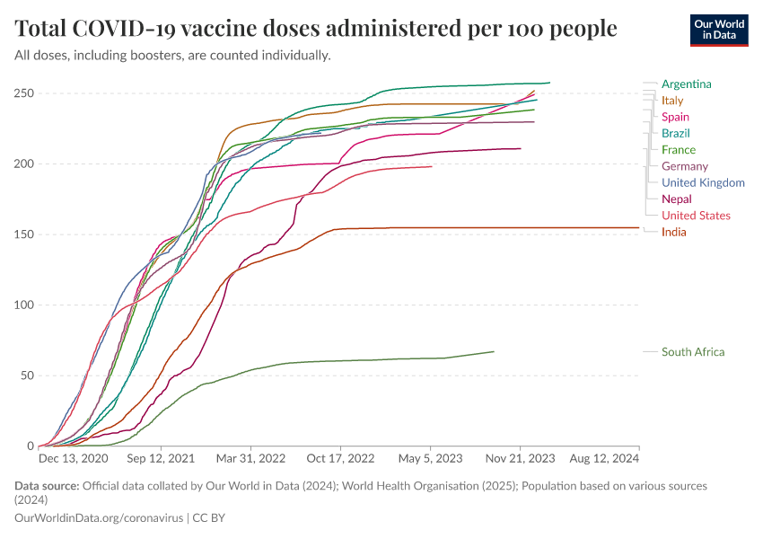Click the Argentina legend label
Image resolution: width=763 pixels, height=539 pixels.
686,84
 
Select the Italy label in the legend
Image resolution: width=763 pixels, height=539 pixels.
672,101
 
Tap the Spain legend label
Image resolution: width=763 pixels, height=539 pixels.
675,118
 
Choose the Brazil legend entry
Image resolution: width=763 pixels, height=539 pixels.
675,134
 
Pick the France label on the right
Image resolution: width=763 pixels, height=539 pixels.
678,150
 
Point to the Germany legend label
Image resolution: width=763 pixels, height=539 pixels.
684,166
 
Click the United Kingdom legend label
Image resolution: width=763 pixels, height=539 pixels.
703,183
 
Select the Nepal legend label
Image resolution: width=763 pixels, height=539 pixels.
676,199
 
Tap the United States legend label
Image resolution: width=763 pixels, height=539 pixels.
696,216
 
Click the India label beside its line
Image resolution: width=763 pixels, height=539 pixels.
673,233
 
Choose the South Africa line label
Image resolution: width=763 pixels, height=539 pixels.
692,352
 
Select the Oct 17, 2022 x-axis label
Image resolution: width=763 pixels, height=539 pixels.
340,458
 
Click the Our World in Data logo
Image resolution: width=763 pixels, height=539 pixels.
718,30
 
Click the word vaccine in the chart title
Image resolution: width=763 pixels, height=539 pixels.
220,29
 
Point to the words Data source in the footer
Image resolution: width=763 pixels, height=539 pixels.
47,486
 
